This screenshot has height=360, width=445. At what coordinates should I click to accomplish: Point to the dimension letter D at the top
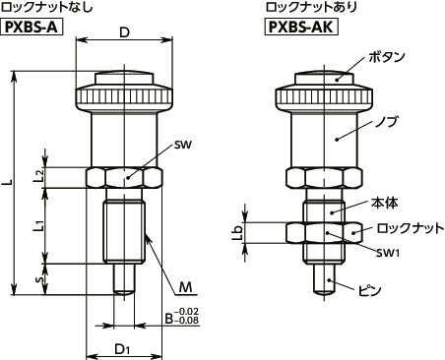click(124, 31)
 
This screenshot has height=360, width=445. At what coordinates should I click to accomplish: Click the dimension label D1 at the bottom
click(123, 348)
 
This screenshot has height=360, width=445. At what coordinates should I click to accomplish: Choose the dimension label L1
click(36, 226)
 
